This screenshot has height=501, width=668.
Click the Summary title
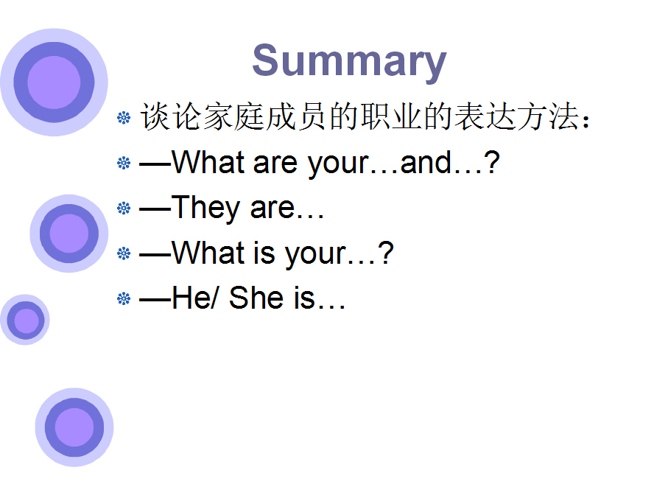click(349, 61)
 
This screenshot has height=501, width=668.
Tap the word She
click(256, 298)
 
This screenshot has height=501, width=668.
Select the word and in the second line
click(425, 163)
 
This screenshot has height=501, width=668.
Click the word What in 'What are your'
click(208, 162)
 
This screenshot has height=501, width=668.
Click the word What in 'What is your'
click(208, 253)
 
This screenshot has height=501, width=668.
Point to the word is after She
click(304, 298)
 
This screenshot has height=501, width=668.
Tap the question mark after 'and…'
click(492, 162)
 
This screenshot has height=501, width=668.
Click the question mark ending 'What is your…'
click(385, 252)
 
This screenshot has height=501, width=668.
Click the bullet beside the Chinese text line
click(124, 118)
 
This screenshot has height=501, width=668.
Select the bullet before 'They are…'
click(124, 209)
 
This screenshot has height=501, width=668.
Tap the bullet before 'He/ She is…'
click(124, 298)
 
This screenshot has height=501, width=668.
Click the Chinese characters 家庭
click(233, 116)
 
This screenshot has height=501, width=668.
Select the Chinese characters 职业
click(392, 116)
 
